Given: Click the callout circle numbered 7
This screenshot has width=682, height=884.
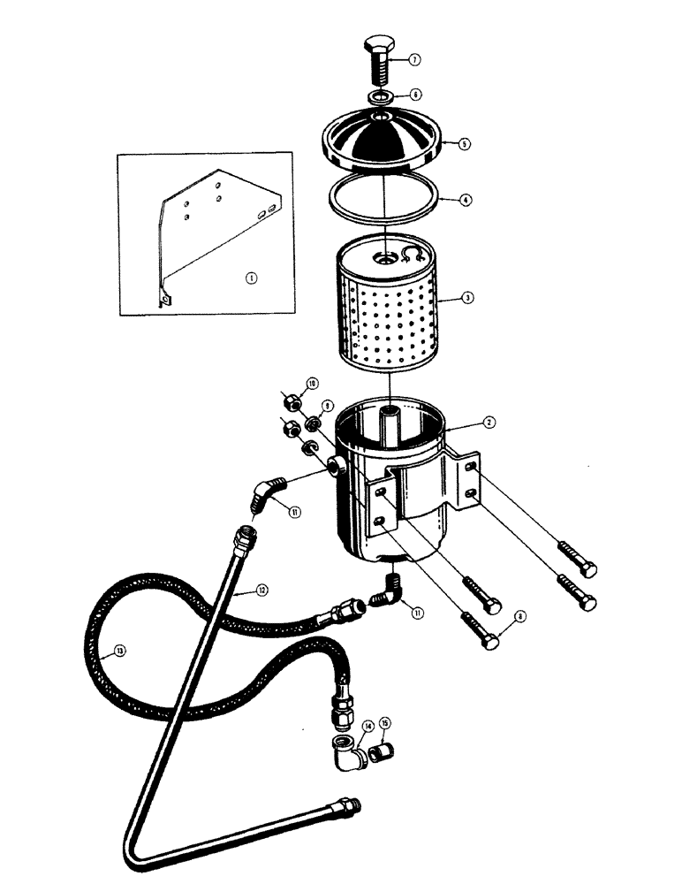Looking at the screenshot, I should [414, 60].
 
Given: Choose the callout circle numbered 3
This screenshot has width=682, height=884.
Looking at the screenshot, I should [467, 298].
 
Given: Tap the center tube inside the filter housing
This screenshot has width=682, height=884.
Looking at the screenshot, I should [390, 432].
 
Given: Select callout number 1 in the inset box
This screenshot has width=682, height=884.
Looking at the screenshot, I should [251, 278].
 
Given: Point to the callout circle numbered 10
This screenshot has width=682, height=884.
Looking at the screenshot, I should [310, 383].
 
